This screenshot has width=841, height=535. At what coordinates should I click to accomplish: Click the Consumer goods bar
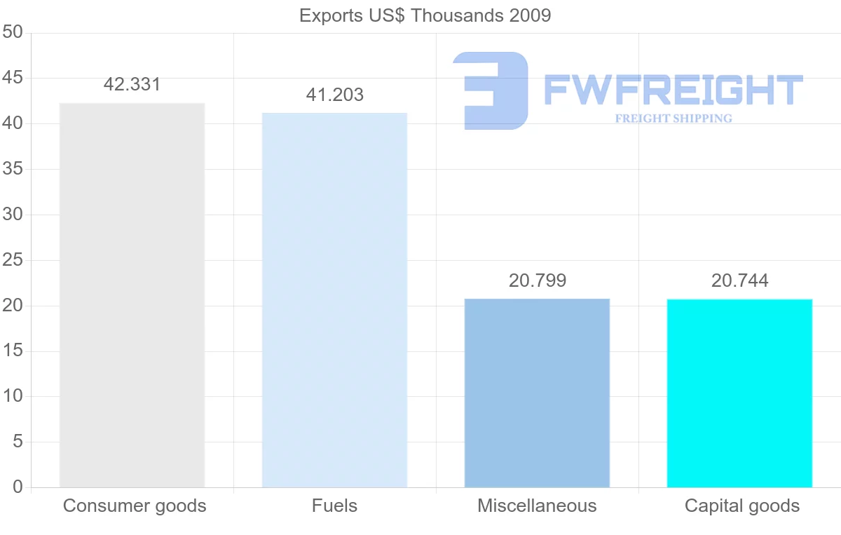pyautogui.click(x=132, y=294)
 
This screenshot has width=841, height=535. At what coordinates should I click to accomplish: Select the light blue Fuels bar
pyautogui.click(x=334, y=299)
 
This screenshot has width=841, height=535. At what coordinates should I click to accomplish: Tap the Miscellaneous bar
pyautogui.click(x=537, y=393)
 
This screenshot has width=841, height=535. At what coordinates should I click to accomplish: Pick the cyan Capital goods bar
pyautogui.click(x=739, y=393)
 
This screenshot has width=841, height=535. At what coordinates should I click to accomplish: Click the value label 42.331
pyautogui.click(x=132, y=85)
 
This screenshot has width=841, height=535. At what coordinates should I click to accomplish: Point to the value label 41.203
pyautogui.click(x=334, y=95)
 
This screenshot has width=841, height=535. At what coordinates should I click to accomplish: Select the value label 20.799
pyautogui.click(x=537, y=281)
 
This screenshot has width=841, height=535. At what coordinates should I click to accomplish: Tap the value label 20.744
pyautogui.click(x=739, y=281)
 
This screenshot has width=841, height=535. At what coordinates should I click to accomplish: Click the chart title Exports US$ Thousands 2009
pyautogui.click(x=425, y=15)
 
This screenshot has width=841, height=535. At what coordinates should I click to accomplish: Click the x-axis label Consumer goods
pyautogui.click(x=135, y=506)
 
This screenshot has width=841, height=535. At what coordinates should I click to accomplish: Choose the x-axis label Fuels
pyautogui.click(x=334, y=506)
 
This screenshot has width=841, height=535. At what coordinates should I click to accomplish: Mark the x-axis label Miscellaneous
pyautogui.click(x=537, y=506)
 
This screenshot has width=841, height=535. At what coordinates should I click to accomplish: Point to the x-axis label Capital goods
pyautogui.click(x=741, y=506)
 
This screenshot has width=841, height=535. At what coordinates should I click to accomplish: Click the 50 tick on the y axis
pyautogui.click(x=13, y=33)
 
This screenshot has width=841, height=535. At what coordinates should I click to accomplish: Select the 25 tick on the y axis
pyautogui.click(x=13, y=260)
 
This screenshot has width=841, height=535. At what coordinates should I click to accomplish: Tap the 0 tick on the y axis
pyautogui.click(x=18, y=487)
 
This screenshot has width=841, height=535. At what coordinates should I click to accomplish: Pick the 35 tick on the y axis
pyautogui.click(x=13, y=169)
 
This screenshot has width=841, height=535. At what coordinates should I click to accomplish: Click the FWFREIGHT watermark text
pyautogui.click(x=673, y=90)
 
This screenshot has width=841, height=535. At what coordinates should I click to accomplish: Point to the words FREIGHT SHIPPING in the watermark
pyautogui.click(x=673, y=118)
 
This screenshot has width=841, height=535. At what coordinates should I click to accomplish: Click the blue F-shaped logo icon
pyautogui.click(x=491, y=90)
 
